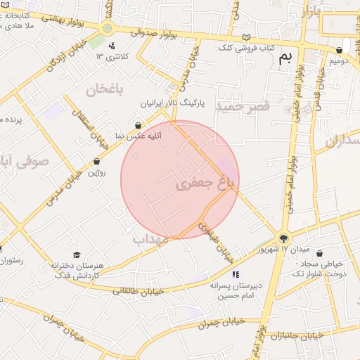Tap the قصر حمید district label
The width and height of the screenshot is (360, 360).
click(x=243, y=106)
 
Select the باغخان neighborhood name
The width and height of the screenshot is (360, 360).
click(x=105, y=89)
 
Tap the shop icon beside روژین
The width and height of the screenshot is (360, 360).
click(x=96, y=161)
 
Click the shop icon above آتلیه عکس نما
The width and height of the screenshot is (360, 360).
click(x=137, y=124)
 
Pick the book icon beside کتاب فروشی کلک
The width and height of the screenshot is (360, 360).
click(x=245, y=37)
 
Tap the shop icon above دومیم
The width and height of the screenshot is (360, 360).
click(x=340, y=50)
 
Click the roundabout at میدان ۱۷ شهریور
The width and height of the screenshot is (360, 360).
click(x=283, y=238)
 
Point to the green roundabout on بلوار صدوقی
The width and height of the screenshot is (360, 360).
click(x=107, y=29)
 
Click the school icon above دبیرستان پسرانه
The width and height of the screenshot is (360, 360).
click(x=236, y=274)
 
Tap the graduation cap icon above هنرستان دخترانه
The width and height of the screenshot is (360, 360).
click(x=76, y=255)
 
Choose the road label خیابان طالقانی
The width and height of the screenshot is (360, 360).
click(x=138, y=290)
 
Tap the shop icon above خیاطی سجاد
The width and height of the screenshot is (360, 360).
click(x=320, y=253)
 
